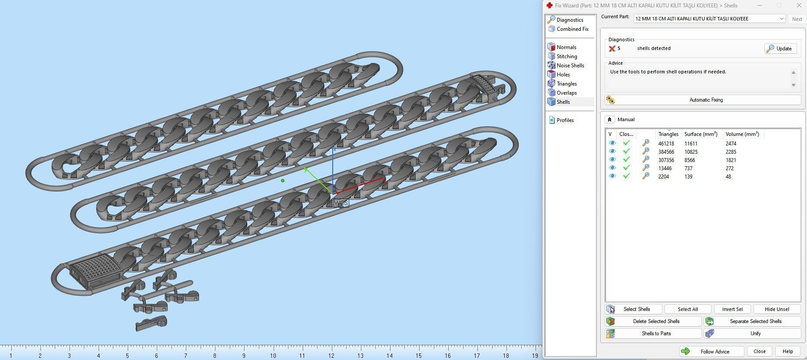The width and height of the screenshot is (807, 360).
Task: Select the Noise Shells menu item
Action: click(570, 66)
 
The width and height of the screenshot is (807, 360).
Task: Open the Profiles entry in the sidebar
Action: click(565, 120)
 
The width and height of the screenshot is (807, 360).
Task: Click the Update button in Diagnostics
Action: click(780, 49)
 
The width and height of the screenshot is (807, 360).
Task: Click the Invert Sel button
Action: click(732, 309)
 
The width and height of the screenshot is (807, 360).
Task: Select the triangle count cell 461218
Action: click(666, 144)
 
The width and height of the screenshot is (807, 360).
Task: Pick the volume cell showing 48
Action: click(728, 177)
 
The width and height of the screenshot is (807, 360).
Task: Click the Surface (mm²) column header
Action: click(701, 134)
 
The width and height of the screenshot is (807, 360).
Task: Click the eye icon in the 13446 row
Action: click(612, 168)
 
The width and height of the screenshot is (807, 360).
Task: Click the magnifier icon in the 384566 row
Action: click(646, 152)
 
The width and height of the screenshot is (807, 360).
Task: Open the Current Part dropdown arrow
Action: click(781, 19)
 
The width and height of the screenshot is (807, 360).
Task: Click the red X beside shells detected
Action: click(612, 49)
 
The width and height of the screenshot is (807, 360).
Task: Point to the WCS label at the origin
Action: click(341, 203)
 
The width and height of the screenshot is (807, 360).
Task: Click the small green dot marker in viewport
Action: click(283, 181)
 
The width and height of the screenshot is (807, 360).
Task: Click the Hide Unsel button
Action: click(777, 309)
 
